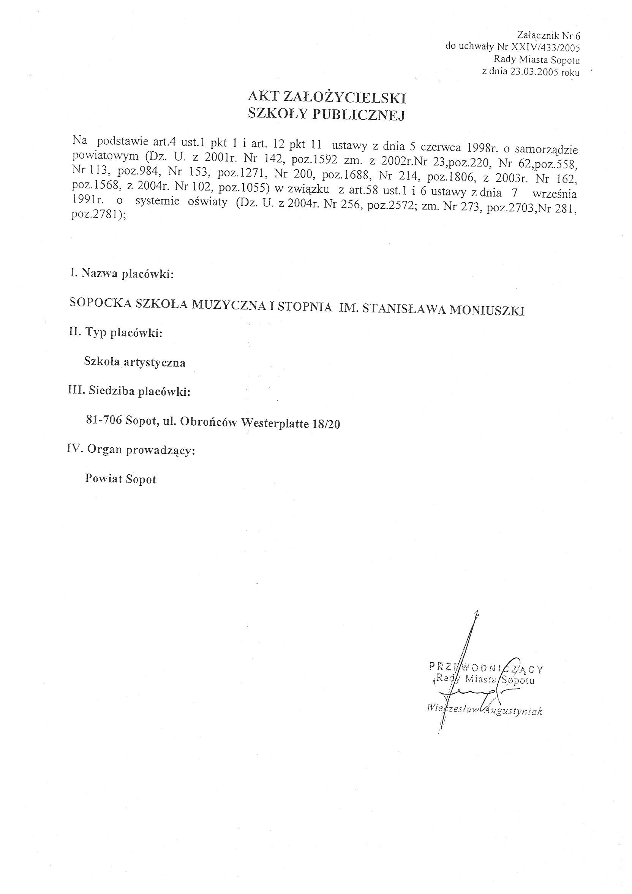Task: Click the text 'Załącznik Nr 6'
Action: tap(549, 36)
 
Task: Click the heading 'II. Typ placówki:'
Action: tap(115, 333)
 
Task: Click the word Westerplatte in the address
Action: tap(275, 423)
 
